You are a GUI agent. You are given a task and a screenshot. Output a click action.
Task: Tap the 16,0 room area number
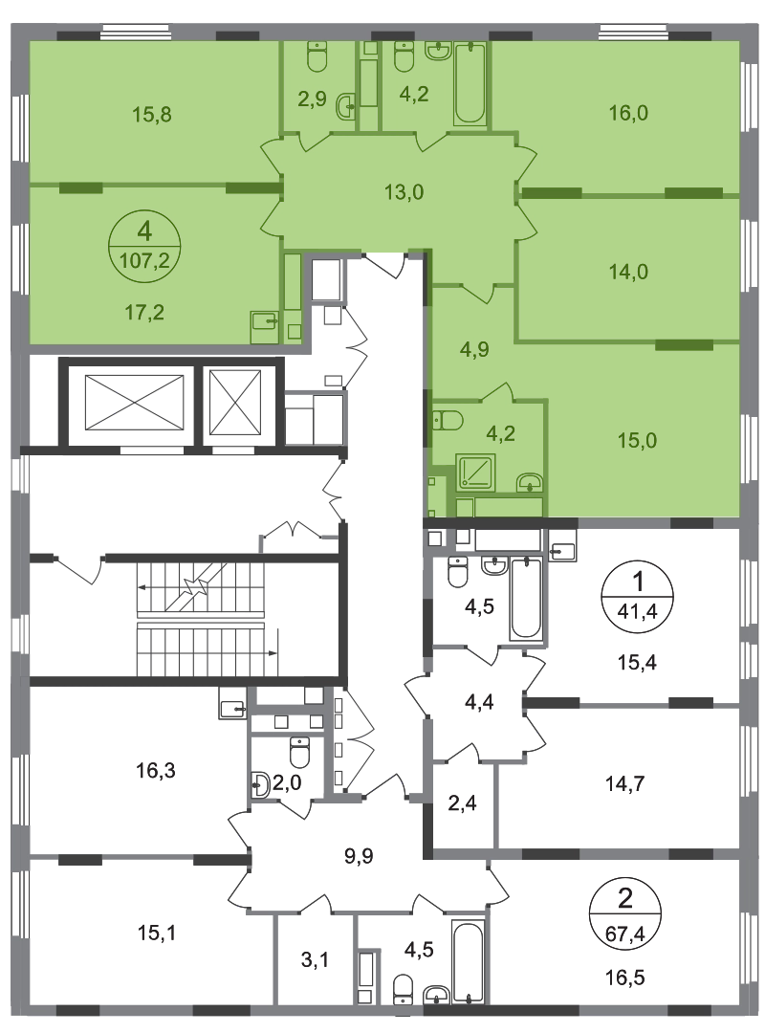628,113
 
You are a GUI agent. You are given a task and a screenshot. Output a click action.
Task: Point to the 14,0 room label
628,271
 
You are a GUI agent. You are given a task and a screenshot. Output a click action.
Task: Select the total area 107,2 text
146,258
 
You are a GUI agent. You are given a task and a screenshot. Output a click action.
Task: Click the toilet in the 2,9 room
317,58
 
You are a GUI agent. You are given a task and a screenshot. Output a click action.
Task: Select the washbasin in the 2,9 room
345,108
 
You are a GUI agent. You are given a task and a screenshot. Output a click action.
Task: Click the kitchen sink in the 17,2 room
263,325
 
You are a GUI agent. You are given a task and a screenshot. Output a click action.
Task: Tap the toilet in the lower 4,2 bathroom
448,420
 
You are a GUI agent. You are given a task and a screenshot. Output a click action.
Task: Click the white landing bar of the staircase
201,621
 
